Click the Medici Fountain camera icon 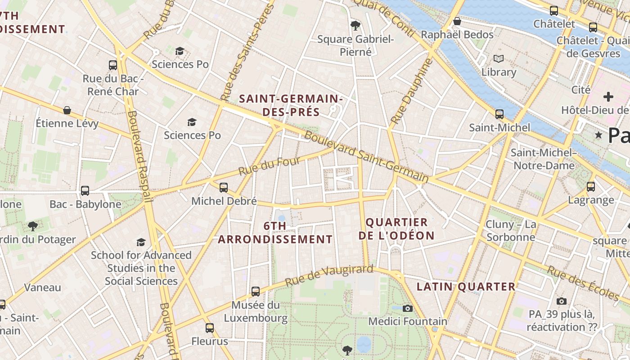click(408, 308)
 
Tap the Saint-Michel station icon click(499, 114)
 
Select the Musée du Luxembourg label click(256, 311)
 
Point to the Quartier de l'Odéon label click(396, 229)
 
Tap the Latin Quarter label click(466, 287)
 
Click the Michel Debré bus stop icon click(224, 188)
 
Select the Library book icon click(499, 58)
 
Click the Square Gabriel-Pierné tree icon click(355, 25)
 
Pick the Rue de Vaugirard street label click(329, 276)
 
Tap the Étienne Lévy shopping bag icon click(67, 110)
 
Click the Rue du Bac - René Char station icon click(113, 65)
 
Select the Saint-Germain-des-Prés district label click(291, 105)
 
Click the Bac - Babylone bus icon click(85, 191)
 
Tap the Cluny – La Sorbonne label click(511, 230)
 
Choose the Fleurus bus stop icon click(210, 328)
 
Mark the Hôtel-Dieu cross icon click(608, 96)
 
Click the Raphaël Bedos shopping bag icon click(457, 21)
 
